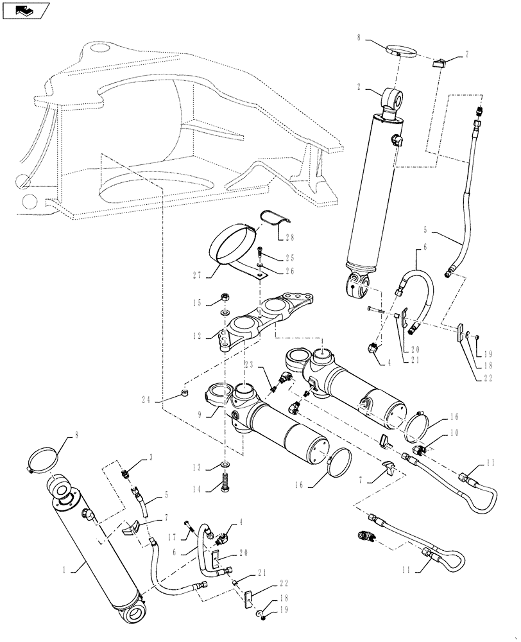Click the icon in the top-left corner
pos(24,10)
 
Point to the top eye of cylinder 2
pos(392,98)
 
